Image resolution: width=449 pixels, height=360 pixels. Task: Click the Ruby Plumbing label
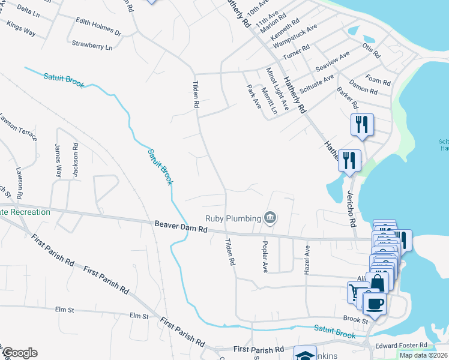(232, 218)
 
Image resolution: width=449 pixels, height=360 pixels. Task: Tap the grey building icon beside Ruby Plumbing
(271, 218)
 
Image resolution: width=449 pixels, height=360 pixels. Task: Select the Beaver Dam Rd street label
(180, 229)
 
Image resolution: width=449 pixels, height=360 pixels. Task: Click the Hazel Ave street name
(307, 259)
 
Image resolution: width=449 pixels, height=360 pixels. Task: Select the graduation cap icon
(305, 355)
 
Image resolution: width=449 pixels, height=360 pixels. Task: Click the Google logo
(19, 353)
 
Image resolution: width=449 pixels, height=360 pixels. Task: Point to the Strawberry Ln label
(92, 45)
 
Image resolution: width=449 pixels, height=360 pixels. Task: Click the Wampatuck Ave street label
(303, 37)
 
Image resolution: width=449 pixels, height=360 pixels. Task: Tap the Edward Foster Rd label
(400, 345)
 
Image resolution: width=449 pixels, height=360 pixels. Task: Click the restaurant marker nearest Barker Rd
(362, 124)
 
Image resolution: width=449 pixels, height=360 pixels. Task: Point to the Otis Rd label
(371, 50)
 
